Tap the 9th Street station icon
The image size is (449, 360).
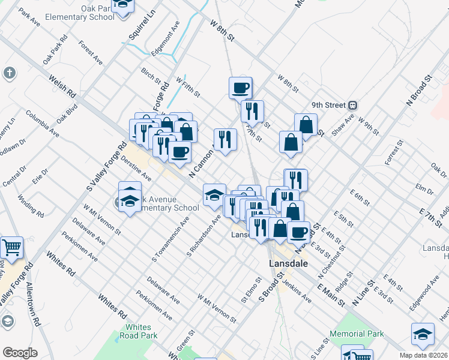tap(354, 105)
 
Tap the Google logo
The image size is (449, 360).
tap(20, 352)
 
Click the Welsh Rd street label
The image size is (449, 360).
tap(62, 86)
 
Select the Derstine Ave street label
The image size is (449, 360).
tap(135, 169)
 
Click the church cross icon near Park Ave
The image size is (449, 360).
tap(9, 73)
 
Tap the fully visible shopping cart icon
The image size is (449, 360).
tap(11, 247)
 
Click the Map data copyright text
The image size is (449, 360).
tap(424, 355)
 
